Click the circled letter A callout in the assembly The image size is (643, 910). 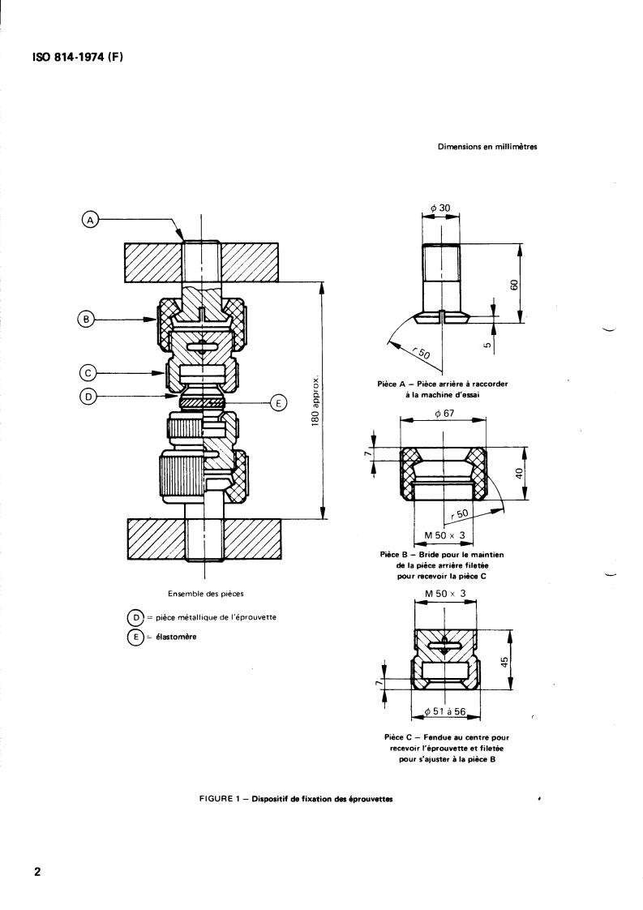pyautogui.click(x=90, y=220)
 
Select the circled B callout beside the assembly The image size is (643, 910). pyautogui.click(x=85, y=320)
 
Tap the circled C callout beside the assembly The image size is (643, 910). pyautogui.click(x=86, y=372)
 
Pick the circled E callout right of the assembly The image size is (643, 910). pyautogui.click(x=279, y=403)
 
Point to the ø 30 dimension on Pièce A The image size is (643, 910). pyautogui.click(x=440, y=208)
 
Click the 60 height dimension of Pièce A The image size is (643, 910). pyautogui.click(x=513, y=285)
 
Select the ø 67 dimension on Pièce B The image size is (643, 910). pyautogui.click(x=444, y=414)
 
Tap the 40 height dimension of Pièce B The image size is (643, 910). pyautogui.click(x=520, y=473)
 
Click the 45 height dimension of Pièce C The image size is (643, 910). pyautogui.click(x=505, y=662)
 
